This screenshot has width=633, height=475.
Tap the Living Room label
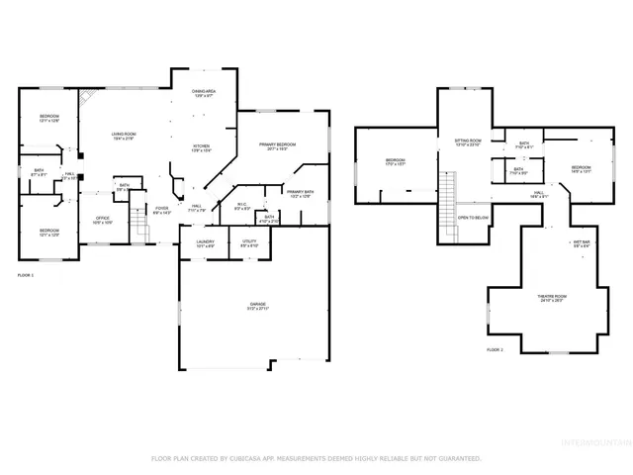point(123,136)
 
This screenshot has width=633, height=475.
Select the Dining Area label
point(204,93)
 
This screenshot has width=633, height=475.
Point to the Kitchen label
point(201,148)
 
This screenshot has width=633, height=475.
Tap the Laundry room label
point(206,243)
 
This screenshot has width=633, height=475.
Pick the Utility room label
point(250,243)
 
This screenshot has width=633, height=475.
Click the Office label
point(102,220)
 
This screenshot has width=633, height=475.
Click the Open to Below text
point(473,217)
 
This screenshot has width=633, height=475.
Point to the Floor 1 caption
point(26,274)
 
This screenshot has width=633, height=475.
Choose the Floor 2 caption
point(495,350)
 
